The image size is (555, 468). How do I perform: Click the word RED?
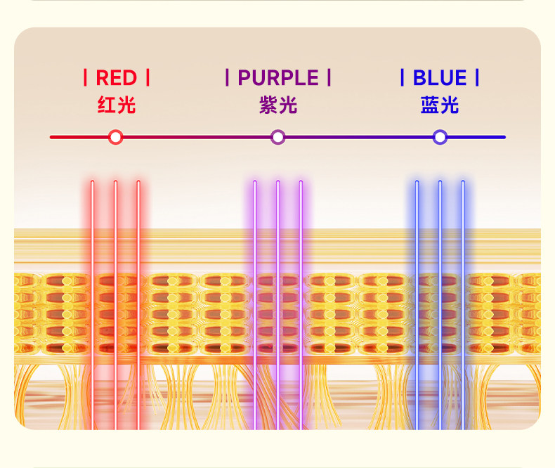[x=116, y=77]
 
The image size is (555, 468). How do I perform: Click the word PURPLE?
[x=278, y=77]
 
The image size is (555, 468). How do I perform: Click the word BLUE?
[x=440, y=77]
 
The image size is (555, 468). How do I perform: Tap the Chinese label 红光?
[x=116, y=105]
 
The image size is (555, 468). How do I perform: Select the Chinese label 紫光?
[x=278, y=105]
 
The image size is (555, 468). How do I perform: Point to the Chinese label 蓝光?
[x=440, y=105]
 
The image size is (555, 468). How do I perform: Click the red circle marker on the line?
[x=116, y=137]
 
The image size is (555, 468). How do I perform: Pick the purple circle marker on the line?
[x=278, y=137]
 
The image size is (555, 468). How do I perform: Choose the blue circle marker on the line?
[x=440, y=137]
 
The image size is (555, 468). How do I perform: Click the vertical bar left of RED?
[x=86, y=77]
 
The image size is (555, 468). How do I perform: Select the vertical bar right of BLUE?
[x=477, y=77]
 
